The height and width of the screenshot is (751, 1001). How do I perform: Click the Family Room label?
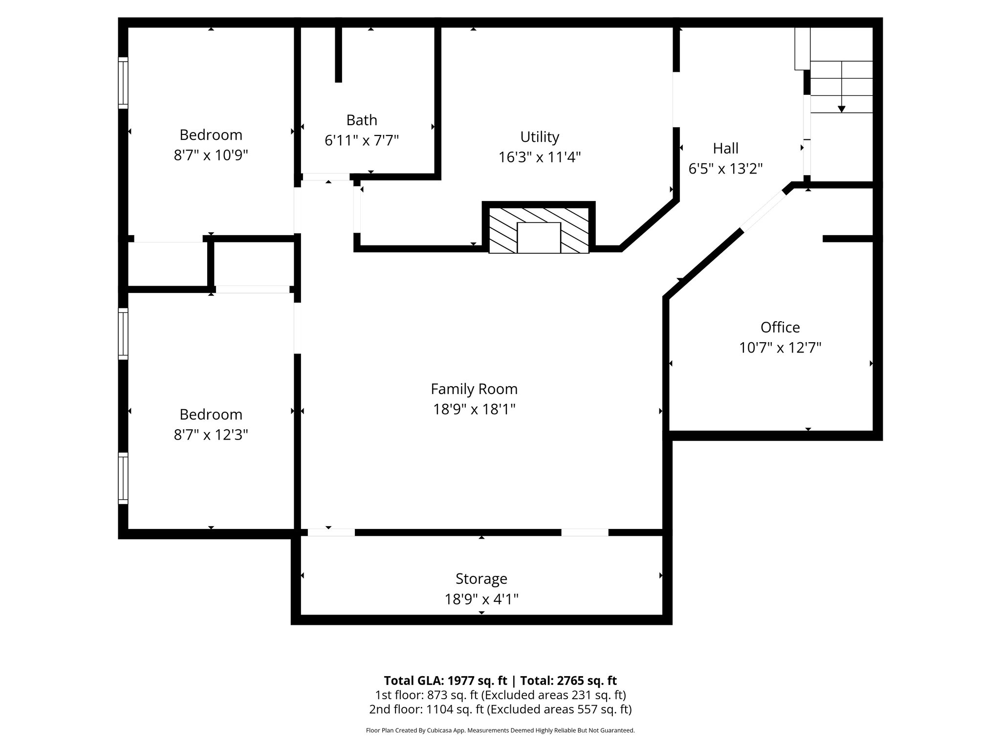tap(474, 389)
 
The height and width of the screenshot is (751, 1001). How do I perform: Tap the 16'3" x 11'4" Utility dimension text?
tap(539, 157)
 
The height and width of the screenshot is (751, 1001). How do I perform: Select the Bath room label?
tap(362, 120)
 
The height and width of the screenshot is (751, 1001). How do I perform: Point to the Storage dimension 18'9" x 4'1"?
tap(481, 599)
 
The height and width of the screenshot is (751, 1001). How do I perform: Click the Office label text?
tap(780, 327)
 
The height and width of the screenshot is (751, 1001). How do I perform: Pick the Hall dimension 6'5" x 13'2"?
tap(725, 169)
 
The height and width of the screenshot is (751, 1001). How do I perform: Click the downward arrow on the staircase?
tap(841, 109)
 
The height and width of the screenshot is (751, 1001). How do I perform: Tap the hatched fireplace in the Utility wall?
tap(539, 230)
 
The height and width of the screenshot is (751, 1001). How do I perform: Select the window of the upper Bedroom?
tap(123, 83)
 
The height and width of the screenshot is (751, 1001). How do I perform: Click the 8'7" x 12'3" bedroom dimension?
tap(211, 435)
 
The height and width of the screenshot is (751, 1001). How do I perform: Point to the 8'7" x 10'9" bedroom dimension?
tap(211, 155)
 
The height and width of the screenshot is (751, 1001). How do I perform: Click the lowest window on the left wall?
tap(123, 478)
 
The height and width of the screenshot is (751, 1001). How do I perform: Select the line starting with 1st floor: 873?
tap(500, 695)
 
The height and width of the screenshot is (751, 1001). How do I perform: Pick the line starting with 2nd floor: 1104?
tap(500, 709)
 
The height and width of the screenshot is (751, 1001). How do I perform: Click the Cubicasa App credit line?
tap(500, 730)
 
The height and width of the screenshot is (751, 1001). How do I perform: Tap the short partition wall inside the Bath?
tap(338, 54)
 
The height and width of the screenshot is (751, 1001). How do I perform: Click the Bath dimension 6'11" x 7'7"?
tap(362, 141)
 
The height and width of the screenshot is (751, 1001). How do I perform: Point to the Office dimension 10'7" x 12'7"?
tap(780, 348)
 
